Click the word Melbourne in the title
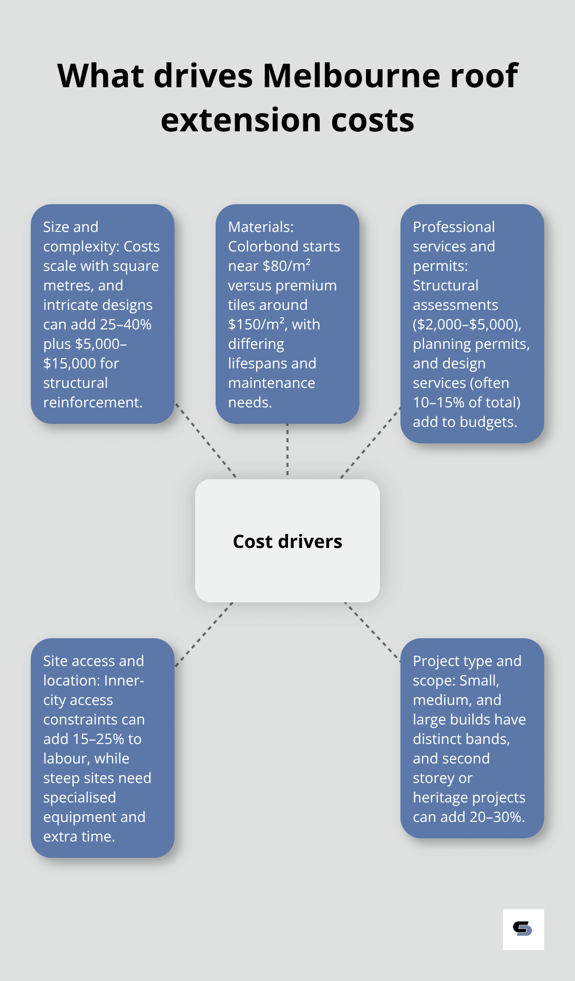tap(351, 76)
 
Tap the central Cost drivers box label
tap(287, 542)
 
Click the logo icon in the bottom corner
tap(523, 929)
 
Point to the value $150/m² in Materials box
tap(256, 324)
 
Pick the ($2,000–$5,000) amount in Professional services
tap(467, 324)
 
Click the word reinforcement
tap(92, 402)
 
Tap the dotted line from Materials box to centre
tap(287, 450)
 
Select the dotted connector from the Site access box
tap(204, 634)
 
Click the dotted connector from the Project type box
tap(372, 631)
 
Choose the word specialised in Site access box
tap(79, 797)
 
